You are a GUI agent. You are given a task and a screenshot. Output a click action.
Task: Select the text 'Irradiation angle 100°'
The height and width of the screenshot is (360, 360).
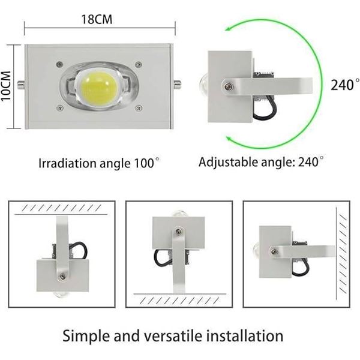(100, 163)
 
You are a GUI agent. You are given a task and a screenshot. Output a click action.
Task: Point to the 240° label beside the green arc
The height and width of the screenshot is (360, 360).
(344, 85)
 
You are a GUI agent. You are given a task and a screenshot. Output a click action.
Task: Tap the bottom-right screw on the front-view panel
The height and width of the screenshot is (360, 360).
(139, 107)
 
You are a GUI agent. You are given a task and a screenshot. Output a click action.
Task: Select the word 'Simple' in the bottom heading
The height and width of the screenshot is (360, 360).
(87, 335)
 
